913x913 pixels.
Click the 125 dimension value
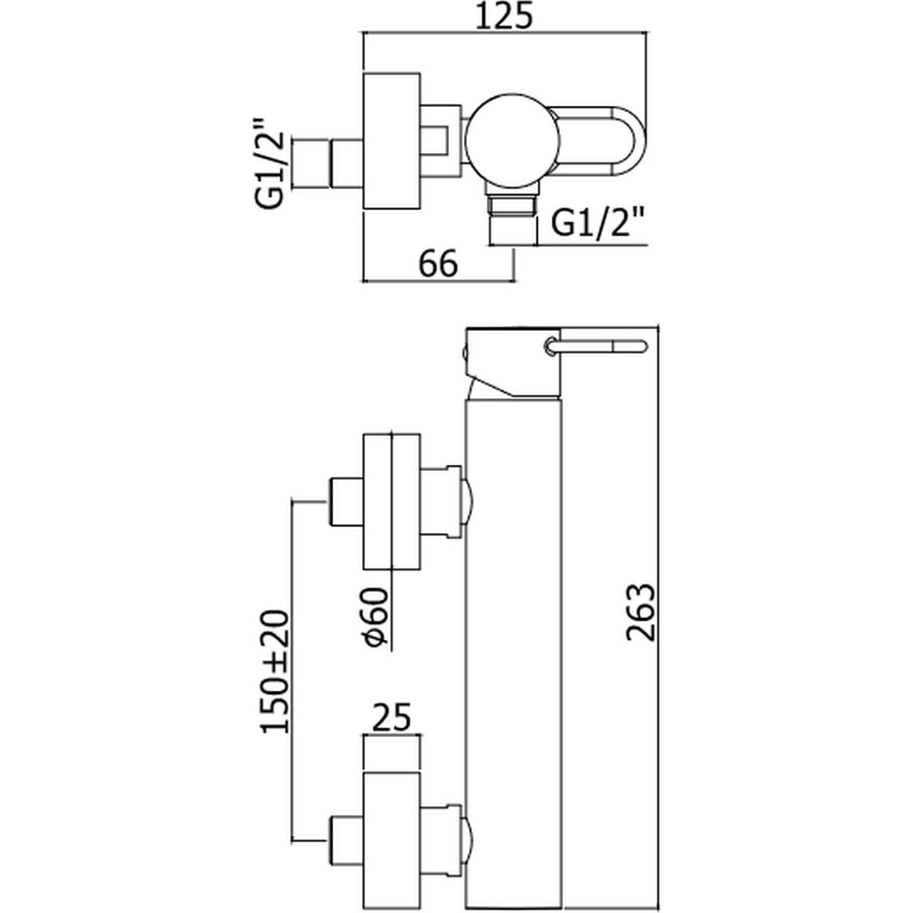504,17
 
